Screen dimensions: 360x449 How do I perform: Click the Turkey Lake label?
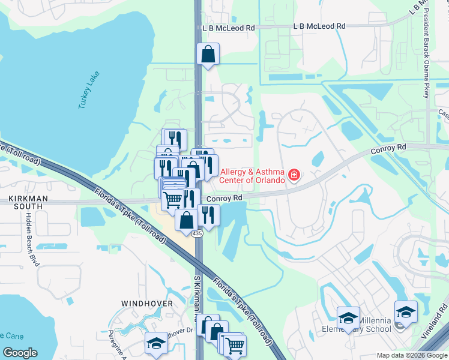coord(89,91)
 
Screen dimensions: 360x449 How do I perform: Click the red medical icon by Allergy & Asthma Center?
coord(294,175)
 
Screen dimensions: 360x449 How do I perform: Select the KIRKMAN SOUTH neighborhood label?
coord(25,202)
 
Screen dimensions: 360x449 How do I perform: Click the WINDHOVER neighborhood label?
coord(148,304)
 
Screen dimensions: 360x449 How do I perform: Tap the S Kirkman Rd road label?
coord(196,300)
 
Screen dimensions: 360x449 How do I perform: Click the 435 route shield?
coord(197,233)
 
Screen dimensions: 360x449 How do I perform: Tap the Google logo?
coord(20,352)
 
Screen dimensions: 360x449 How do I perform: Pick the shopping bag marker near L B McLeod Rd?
coord(208,55)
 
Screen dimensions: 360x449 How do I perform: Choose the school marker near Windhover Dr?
coord(156,343)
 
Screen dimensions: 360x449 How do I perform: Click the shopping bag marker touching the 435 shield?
coord(186,220)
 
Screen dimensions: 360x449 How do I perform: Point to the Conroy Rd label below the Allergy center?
coord(224,198)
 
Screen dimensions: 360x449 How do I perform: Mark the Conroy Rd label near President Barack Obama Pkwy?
coord(388,146)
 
